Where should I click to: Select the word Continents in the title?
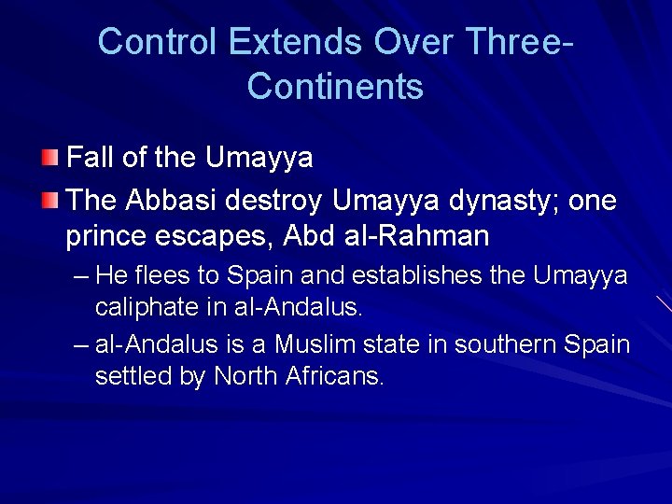tap(335, 86)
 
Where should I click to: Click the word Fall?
tap(91, 158)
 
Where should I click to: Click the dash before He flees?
tap(81, 276)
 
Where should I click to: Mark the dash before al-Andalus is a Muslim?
tap(81, 344)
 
